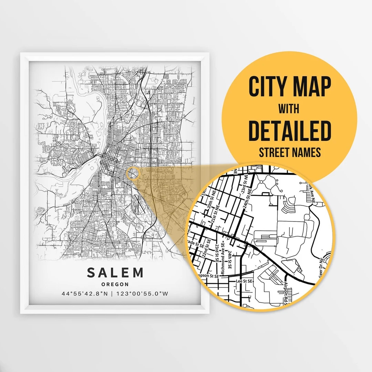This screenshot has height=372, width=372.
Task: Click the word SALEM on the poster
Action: [115, 272]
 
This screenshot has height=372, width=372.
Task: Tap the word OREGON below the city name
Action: [115, 285]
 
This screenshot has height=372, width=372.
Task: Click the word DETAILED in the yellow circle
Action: [289, 131]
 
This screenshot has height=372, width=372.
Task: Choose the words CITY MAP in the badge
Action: [289, 87]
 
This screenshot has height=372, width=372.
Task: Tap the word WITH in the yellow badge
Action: [289, 110]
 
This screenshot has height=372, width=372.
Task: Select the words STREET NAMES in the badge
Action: [289, 152]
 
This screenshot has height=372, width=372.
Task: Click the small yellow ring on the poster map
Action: [132, 173]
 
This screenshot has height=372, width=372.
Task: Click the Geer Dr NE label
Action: [322, 267]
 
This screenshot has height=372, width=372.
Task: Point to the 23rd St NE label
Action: [248, 188]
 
